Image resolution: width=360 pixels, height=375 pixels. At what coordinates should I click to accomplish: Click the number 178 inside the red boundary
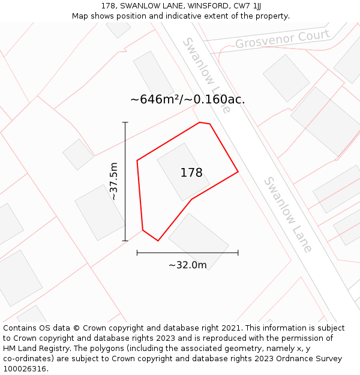click(191, 173)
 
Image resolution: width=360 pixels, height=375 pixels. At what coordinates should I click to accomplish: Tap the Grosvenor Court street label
click(282, 40)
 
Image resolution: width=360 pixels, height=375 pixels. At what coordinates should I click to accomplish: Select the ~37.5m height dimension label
click(113, 181)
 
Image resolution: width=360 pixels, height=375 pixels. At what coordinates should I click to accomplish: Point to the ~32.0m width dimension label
click(187, 265)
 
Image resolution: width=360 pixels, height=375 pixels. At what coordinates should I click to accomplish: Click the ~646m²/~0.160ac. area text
click(187, 100)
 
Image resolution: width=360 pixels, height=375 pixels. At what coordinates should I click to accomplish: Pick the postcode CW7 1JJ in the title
click(247, 6)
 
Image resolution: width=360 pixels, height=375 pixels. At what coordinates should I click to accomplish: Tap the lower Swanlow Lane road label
click(288, 214)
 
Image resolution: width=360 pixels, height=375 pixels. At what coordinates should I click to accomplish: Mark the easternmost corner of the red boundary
click(238, 172)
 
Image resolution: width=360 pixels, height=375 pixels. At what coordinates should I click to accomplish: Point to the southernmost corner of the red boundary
click(158, 241)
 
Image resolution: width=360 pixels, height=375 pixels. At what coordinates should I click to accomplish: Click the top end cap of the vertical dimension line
click(125, 122)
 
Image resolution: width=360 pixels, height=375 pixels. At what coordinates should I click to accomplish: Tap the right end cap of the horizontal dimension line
click(238, 253)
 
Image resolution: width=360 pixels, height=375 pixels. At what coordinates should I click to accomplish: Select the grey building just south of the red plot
click(199, 241)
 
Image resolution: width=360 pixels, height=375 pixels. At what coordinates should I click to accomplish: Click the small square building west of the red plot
click(78, 154)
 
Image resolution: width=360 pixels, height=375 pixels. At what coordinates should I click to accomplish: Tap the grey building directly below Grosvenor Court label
click(286, 78)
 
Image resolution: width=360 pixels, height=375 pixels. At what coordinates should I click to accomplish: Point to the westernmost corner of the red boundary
click(137, 160)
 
